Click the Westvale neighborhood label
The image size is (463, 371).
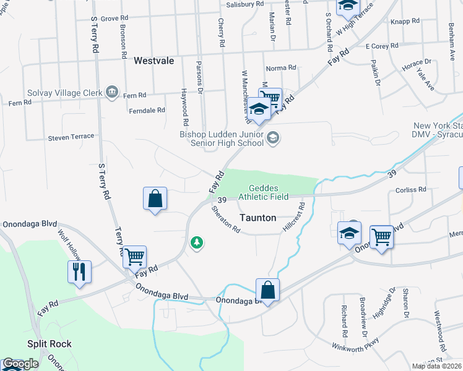(154, 61)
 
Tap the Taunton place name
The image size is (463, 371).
(257, 218)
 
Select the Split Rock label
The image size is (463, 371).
(49, 344)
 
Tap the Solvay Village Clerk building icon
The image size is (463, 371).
(111, 93)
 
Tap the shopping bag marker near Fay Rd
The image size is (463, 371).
(155, 199)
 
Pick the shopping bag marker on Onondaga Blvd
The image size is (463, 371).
(267, 289)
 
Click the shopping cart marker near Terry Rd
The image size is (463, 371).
(134, 256)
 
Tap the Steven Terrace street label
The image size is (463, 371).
(71, 137)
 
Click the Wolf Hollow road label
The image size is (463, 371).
(69, 244)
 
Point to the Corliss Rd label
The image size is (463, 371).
(414, 189)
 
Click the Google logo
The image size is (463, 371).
(20, 364)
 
